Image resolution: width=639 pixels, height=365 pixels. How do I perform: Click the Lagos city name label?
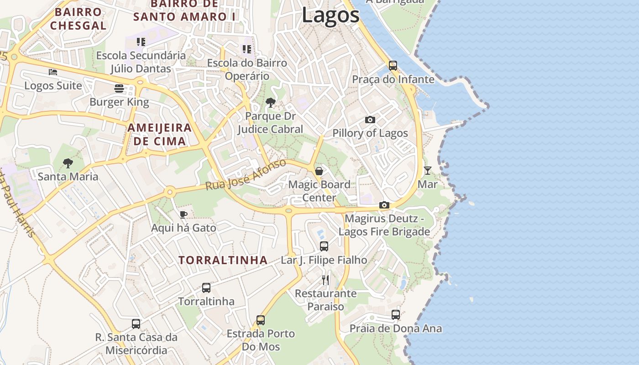[x=330, y=16]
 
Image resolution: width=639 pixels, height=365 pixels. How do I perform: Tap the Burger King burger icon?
[x=119, y=88]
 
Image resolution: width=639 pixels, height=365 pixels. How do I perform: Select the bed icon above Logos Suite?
[x=53, y=72]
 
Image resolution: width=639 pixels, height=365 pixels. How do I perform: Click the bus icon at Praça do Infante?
[x=393, y=65]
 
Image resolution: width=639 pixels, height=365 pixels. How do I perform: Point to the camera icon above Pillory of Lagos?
[x=370, y=120]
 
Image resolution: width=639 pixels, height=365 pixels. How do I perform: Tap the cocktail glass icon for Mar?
[x=427, y=171]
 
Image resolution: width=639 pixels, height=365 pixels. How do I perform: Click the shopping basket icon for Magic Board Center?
[x=319, y=171]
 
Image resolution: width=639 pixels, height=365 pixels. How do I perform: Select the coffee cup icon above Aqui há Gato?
[x=183, y=214]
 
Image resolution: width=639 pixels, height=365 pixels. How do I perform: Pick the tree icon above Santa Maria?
[x=68, y=162]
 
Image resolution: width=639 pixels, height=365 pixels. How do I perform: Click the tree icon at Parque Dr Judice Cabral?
[x=271, y=102]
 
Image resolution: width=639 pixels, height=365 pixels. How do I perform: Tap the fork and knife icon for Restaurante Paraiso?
[x=325, y=280]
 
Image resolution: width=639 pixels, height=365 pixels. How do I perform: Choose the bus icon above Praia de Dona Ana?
[x=396, y=315]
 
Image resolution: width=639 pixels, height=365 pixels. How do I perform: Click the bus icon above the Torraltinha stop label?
[x=206, y=288]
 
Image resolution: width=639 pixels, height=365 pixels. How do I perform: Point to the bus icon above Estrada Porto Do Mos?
[x=261, y=320]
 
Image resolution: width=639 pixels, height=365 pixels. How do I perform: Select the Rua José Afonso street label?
[x=246, y=175]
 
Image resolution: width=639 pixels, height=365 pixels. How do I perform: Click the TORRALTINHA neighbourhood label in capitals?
[x=223, y=260]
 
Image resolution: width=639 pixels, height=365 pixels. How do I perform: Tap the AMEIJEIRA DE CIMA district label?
[x=159, y=134]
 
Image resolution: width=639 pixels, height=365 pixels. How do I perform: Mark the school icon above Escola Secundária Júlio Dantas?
[x=141, y=42]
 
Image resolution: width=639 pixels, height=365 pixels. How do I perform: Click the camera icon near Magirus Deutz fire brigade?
[x=384, y=205]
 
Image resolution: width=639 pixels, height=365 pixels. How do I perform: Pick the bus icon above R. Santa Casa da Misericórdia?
[x=136, y=324]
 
